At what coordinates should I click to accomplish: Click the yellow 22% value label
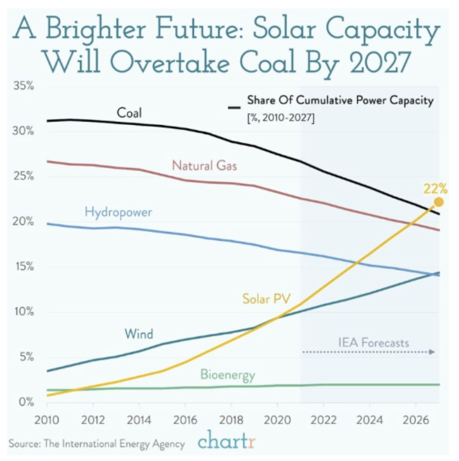click(x=436, y=189)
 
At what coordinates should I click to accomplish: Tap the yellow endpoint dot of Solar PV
click(x=438, y=202)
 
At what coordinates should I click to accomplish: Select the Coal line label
click(x=129, y=113)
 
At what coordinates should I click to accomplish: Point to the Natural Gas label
click(x=204, y=165)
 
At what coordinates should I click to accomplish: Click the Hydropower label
click(x=118, y=211)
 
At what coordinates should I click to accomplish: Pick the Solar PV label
click(x=266, y=299)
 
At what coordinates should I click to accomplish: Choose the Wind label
click(x=139, y=334)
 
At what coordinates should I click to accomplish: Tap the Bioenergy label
click(x=227, y=374)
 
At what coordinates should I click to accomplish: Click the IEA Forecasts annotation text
click(x=374, y=343)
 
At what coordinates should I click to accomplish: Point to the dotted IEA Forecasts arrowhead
click(x=432, y=352)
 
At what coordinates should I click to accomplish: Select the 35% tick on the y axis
click(x=24, y=86)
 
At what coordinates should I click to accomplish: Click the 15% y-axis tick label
click(x=24, y=267)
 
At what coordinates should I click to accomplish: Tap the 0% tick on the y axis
click(x=26, y=402)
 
